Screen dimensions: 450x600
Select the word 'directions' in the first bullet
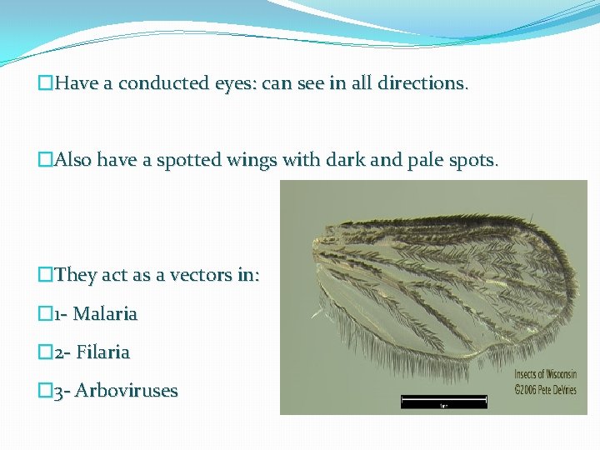click(421, 84)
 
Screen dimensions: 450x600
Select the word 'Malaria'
click(106, 314)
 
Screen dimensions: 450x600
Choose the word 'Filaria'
click(103, 352)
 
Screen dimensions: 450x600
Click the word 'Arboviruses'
click(126, 391)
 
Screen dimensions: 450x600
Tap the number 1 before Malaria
click(57, 314)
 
